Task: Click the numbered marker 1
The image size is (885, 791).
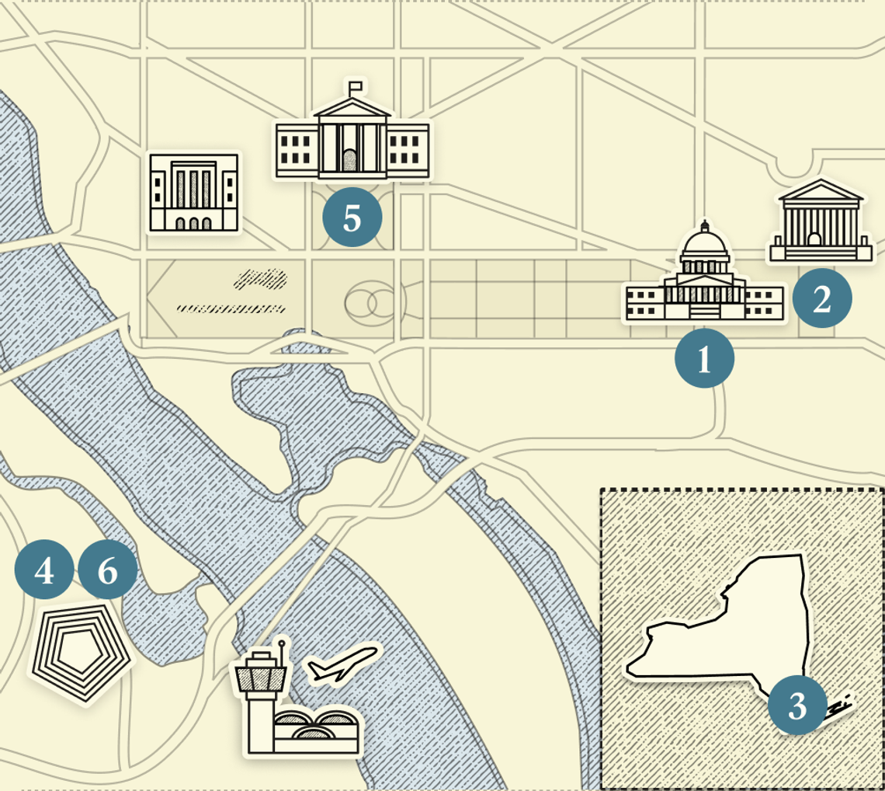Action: (704, 358)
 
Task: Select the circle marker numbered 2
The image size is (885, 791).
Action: (822, 298)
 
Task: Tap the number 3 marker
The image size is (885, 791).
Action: (797, 706)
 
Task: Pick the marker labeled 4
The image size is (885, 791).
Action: (44, 571)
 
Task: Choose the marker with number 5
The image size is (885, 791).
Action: (352, 218)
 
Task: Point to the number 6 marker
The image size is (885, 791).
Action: (108, 571)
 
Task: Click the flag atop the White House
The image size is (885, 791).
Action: (356, 85)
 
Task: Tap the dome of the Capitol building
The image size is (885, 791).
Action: (705, 246)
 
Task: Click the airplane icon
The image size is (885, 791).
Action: (342, 664)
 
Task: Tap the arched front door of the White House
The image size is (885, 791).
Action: (350, 161)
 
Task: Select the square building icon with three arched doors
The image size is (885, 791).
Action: (194, 193)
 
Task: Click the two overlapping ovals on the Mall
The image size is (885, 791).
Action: (370, 304)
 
